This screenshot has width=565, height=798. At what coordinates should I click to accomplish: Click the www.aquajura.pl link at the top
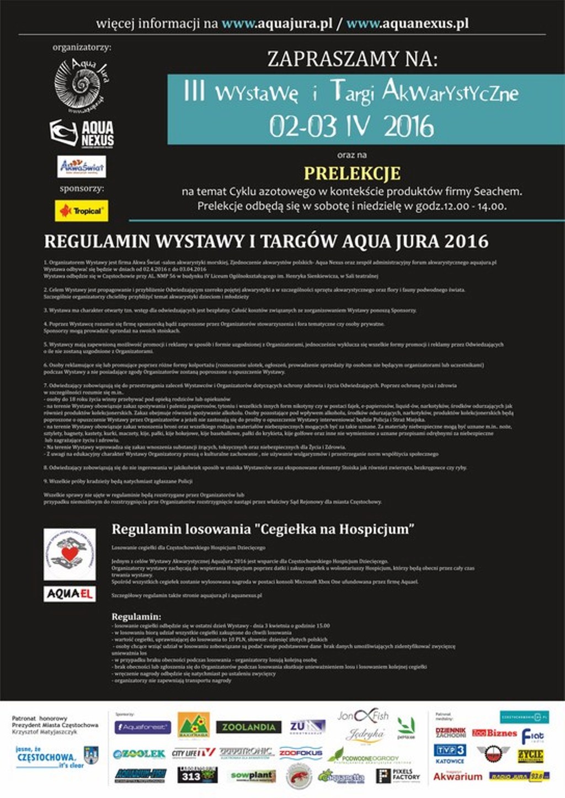[277, 24]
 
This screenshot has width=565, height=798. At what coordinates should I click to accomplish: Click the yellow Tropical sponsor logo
[81, 211]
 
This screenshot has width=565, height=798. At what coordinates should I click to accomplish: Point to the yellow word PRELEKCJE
[352, 173]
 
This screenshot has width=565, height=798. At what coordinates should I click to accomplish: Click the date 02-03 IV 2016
[351, 126]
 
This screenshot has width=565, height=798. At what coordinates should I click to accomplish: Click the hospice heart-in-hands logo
[70, 554]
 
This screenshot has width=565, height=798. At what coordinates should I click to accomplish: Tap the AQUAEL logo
[70, 594]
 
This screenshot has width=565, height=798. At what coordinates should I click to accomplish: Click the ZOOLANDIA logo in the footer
[248, 727]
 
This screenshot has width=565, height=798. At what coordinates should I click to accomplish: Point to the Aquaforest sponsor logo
[142, 727]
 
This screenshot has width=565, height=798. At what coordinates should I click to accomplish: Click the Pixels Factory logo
[398, 775]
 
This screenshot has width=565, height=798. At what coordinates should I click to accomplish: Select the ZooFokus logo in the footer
[300, 753]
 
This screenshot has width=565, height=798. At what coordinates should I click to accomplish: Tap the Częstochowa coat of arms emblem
[90, 754]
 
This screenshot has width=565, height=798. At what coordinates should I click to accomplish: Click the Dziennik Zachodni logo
[450, 732]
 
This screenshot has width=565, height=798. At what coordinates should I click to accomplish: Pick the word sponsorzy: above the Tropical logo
[82, 189]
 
